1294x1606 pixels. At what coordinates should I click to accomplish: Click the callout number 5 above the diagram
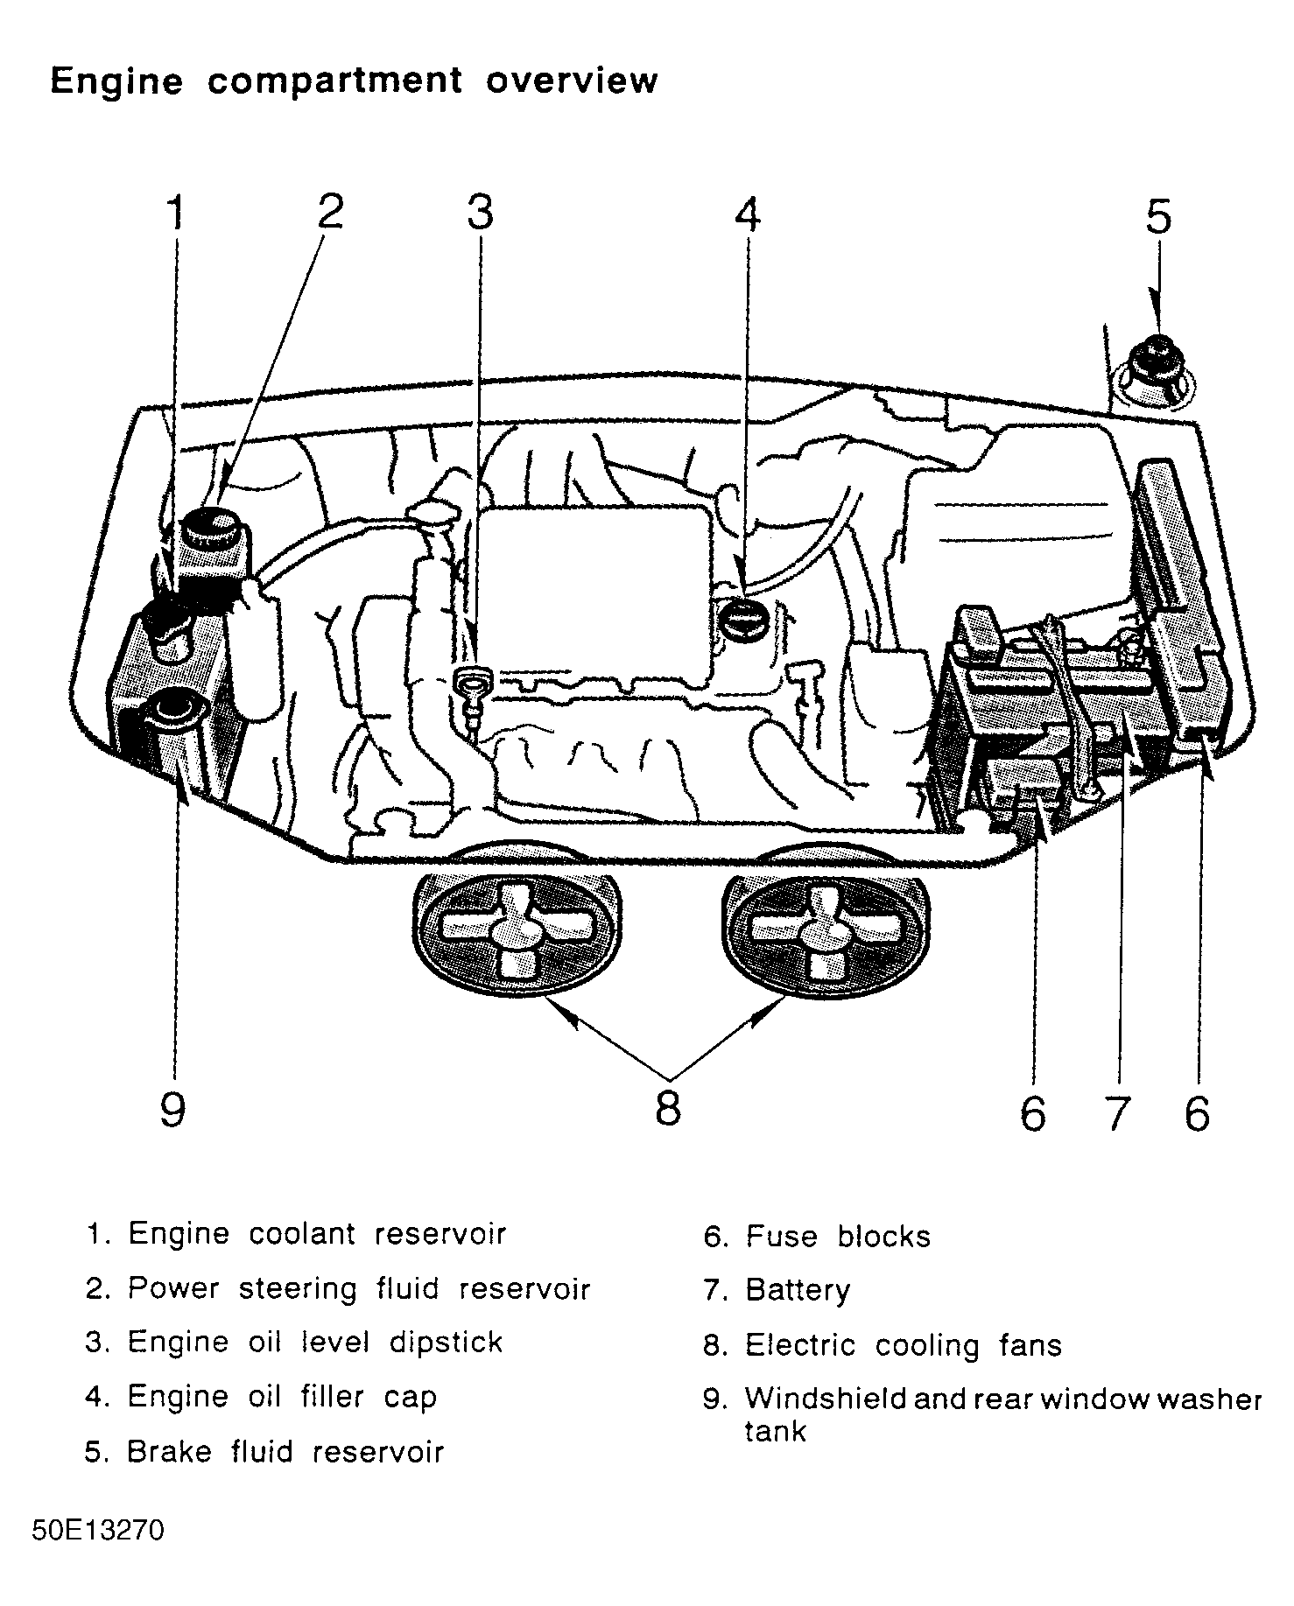point(1157,217)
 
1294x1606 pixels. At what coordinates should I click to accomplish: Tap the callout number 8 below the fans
point(667,1109)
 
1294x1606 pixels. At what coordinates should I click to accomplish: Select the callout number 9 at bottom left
point(172,1111)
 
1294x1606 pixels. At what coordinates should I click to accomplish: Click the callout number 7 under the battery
point(1115,1112)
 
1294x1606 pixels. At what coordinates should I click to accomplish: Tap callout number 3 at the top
point(480,213)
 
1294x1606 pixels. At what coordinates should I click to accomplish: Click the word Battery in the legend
point(798,1291)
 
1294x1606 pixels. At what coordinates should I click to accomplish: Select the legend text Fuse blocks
point(838,1237)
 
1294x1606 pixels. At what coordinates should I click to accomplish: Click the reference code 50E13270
point(98,1532)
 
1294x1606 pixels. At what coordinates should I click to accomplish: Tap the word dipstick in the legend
point(447,1343)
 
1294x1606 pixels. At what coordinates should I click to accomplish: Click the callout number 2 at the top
point(330,212)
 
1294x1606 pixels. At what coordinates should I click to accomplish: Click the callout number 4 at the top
point(747,214)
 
